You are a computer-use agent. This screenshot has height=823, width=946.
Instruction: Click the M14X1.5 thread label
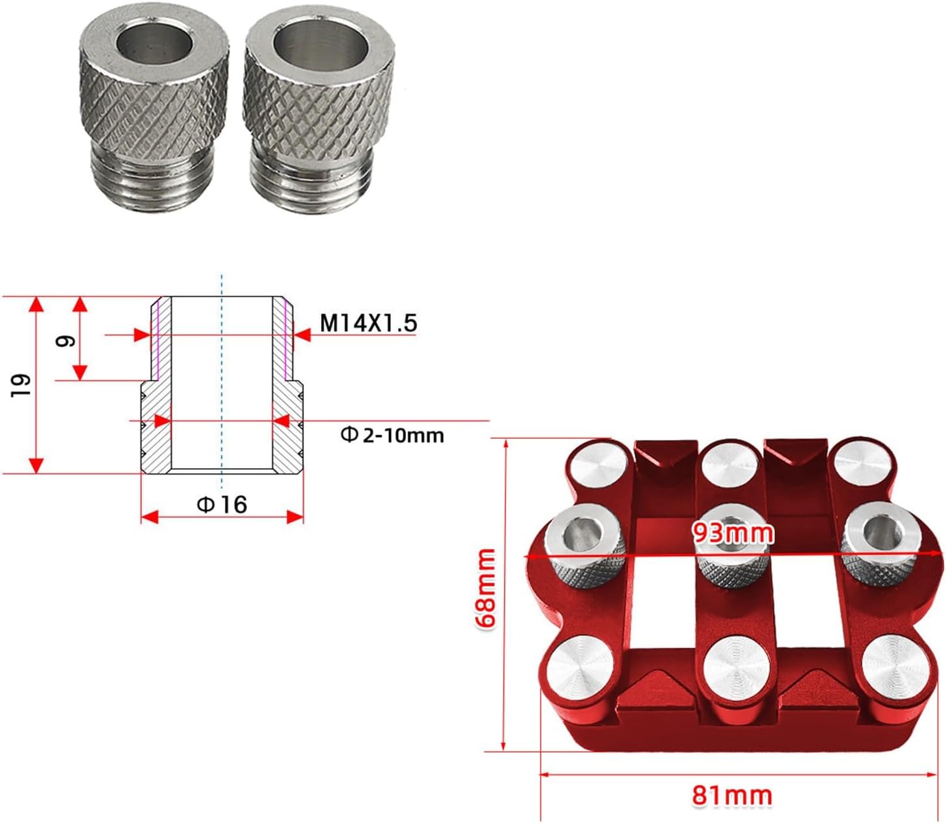pos(369,323)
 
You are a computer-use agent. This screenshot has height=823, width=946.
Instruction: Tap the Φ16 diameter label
pos(222,504)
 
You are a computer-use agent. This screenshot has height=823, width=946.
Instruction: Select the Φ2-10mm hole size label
pos(392,435)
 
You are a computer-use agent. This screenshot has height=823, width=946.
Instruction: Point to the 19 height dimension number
pos(22,385)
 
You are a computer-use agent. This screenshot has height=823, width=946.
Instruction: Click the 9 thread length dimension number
pos(65,341)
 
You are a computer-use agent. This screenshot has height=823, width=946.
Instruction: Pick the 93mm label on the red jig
pos(733,533)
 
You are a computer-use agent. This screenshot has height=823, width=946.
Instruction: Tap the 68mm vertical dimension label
pos(486,588)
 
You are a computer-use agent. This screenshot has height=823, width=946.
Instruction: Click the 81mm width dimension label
pos(732,796)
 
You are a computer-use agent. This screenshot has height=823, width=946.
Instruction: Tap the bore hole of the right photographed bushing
pos(320,45)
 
